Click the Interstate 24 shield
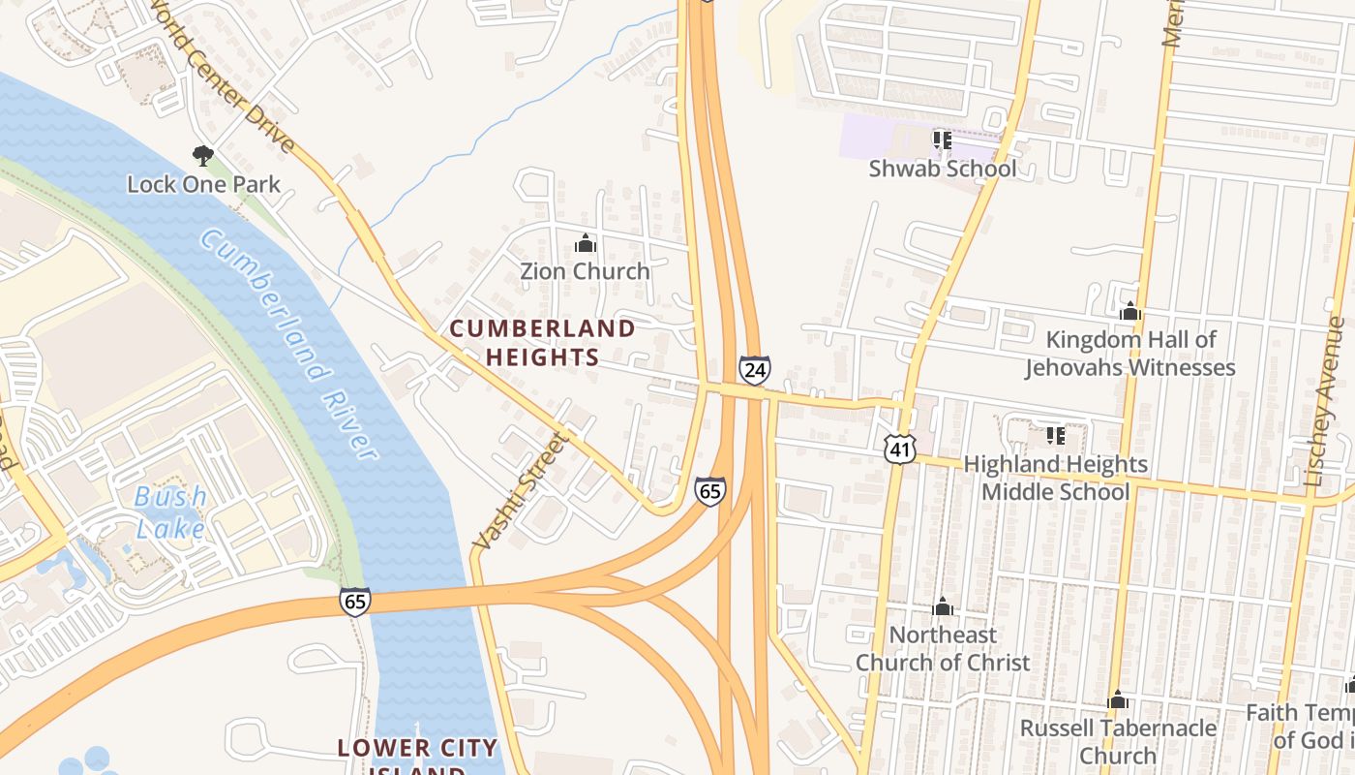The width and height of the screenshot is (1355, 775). click(x=754, y=370)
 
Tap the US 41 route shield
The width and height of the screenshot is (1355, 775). click(x=900, y=448)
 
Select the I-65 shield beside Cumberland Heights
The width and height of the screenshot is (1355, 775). click(x=709, y=491)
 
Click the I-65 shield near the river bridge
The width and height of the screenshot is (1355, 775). click(x=354, y=602)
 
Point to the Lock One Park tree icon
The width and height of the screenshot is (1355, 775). click(x=202, y=155)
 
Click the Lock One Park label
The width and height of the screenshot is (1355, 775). click(x=204, y=184)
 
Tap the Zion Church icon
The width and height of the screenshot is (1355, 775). click(x=585, y=243)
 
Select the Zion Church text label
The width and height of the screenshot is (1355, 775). click(x=585, y=271)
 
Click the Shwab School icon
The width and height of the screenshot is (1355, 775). click(x=942, y=140)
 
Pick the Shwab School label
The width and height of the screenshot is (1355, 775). click(x=942, y=169)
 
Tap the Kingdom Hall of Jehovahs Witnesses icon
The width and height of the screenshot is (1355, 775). click(x=1129, y=312)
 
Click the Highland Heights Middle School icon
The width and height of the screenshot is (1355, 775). click(x=1055, y=436)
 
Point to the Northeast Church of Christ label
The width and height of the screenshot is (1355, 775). click(x=943, y=649)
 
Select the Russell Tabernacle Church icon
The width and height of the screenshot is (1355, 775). click(x=1118, y=699)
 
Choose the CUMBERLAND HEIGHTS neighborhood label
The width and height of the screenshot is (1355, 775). click(x=543, y=343)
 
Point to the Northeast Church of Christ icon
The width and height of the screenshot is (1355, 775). click(x=943, y=607)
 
